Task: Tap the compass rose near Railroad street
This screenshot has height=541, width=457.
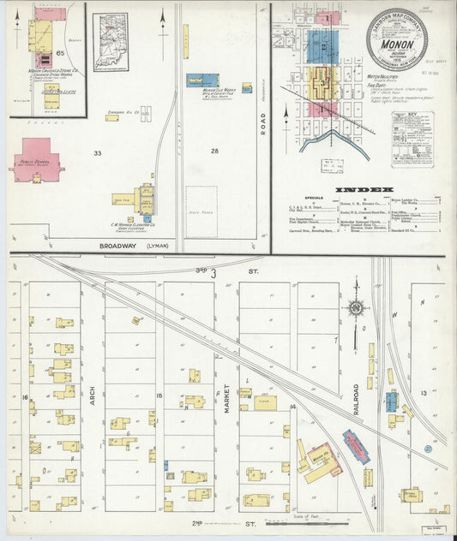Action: [x=355, y=306]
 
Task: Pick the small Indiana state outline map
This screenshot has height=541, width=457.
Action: [x=111, y=43]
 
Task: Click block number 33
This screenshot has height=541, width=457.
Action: [x=98, y=153]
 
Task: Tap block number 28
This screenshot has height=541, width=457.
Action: [x=214, y=152]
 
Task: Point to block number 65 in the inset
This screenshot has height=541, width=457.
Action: [x=60, y=51]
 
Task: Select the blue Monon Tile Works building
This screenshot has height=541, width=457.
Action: [x=202, y=80]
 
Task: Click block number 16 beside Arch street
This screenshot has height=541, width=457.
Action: [x=26, y=398]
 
